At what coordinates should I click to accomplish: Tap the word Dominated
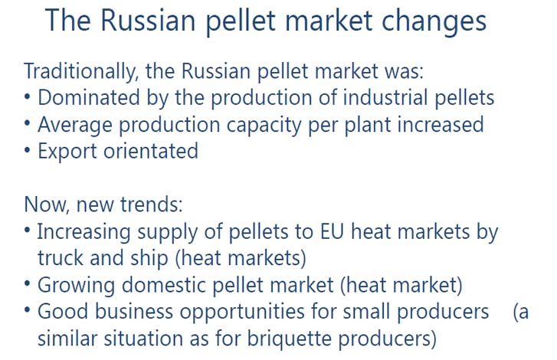[89, 97]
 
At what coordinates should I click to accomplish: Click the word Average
[75, 125]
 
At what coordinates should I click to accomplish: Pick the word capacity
[264, 126]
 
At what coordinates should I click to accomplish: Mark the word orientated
[151, 151]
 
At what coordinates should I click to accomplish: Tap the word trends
[152, 205]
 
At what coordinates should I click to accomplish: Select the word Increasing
[84, 233]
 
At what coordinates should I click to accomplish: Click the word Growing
[76, 286]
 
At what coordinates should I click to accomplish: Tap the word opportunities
[242, 313]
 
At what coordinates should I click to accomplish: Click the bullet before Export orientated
[28, 150]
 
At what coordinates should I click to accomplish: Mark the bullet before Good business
[28, 310]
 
